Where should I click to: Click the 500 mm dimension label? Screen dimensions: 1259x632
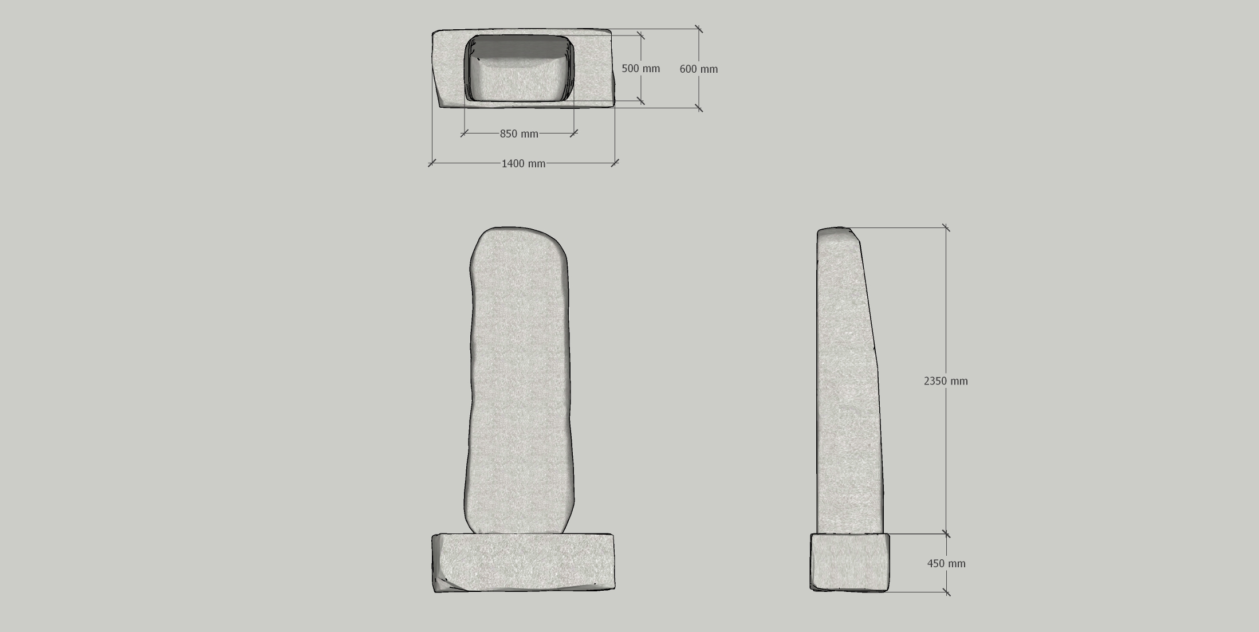[640, 69]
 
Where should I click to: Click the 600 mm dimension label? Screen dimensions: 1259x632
[698, 69]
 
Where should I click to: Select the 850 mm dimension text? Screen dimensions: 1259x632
[519, 134]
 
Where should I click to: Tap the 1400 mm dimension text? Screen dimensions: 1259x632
[524, 164]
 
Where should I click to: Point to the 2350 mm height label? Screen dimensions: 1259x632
[946, 381]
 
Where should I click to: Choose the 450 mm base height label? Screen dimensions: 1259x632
[946, 564]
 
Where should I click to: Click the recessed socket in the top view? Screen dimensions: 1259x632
[519, 68]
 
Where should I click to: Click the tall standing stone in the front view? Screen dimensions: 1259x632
[519, 380]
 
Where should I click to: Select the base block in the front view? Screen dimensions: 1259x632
[523, 563]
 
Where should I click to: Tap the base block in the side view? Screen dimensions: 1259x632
[849, 562]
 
